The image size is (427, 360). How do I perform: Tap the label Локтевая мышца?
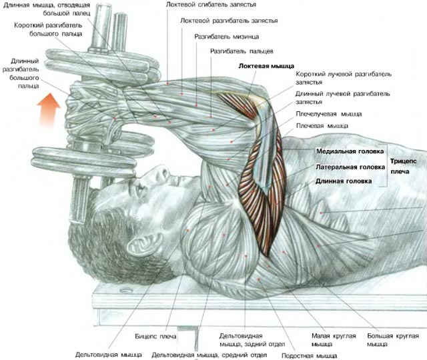264,67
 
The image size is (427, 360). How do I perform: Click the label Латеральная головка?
350,167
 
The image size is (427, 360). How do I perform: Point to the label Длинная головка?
344,181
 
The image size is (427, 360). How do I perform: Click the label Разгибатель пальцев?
242,51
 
